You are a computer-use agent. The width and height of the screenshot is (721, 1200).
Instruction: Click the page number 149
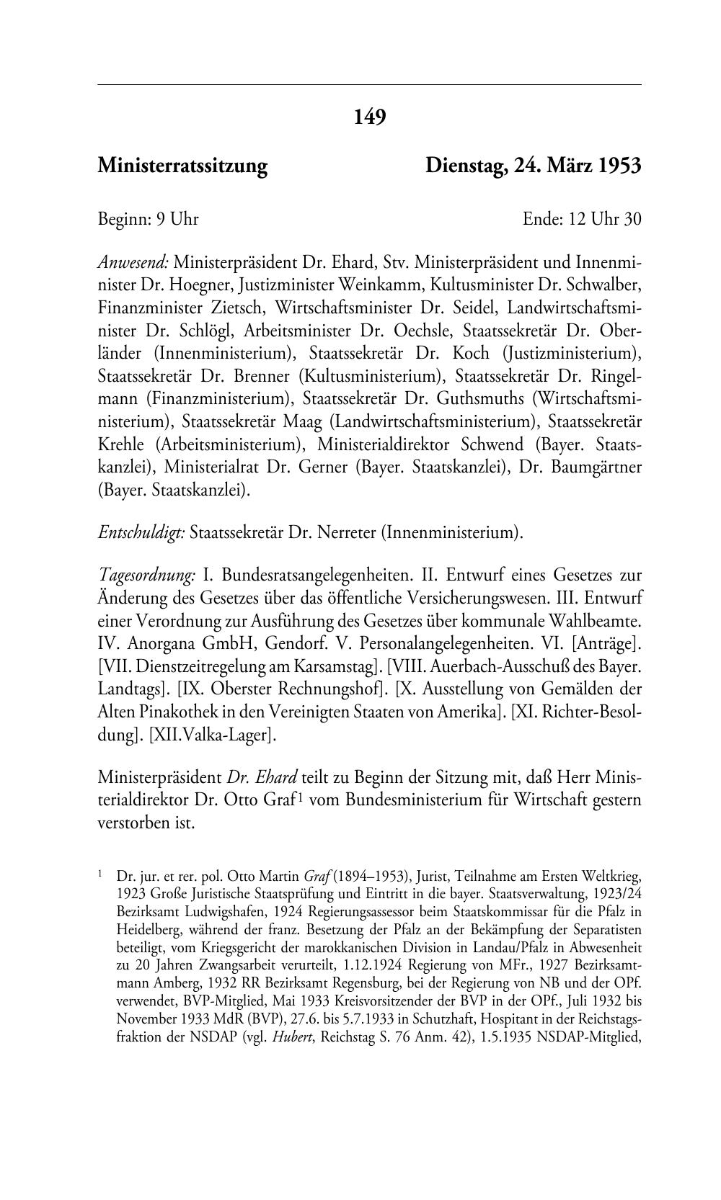(x=370, y=116)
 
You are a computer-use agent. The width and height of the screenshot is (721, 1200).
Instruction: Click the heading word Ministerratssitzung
(x=182, y=166)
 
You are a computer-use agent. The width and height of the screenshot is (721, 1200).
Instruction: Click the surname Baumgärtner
(x=594, y=466)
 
